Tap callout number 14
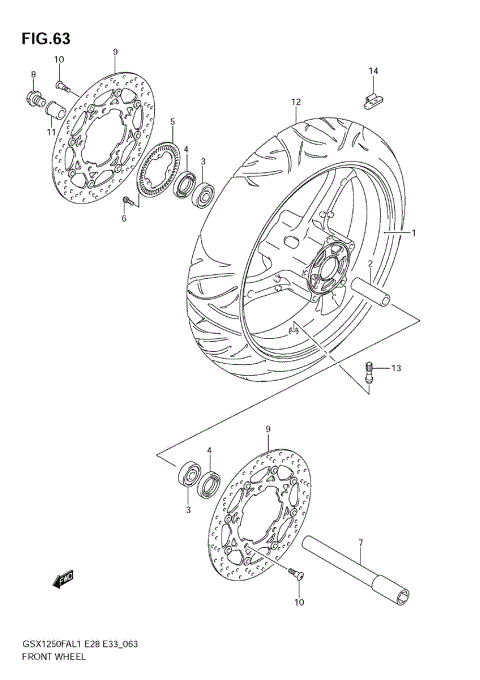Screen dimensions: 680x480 coord(372,71)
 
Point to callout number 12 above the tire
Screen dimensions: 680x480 coord(295,103)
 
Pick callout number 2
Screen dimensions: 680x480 coord(369,264)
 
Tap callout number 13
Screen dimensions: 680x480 coord(396,369)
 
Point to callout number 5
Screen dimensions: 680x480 coord(171,122)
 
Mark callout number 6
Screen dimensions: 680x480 coord(125,218)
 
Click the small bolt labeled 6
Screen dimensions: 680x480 coord(127,202)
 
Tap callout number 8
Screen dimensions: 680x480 coord(32,76)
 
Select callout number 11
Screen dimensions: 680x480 coord(51,131)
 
